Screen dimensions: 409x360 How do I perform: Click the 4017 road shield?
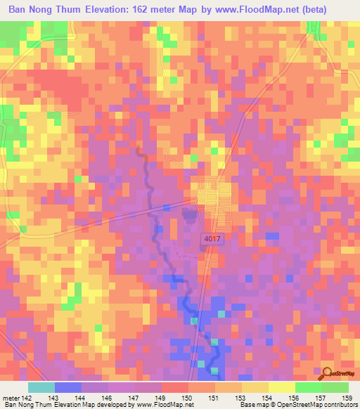click(212, 239)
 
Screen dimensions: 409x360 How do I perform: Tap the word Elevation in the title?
click(115, 10)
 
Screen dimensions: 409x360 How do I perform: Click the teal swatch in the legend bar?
click(41, 387)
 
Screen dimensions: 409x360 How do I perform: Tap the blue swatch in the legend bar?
click(67, 387)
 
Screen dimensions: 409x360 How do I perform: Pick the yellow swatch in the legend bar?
click(281, 387)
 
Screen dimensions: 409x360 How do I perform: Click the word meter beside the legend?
click(10, 398)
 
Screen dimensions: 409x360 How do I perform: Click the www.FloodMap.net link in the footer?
click(162, 405)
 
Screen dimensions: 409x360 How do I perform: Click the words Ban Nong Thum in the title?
click(43, 10)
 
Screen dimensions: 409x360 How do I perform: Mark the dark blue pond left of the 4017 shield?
click(188, 215)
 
